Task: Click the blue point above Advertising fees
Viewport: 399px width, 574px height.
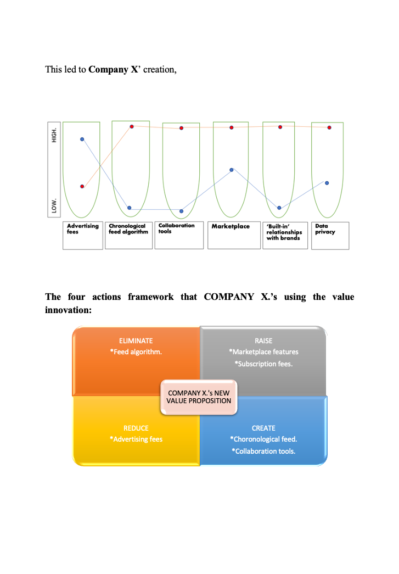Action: coord(82,139)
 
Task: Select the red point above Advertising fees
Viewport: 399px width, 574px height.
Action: coord(82,186)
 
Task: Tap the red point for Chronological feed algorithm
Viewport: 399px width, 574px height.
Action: coord(132,127)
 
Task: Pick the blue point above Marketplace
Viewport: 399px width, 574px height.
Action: coord(232,170)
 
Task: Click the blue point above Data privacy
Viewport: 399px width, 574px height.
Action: coord(327,183)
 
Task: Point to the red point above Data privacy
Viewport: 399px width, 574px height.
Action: coord(329,127)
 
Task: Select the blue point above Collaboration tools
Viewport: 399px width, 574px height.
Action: coord(182,211)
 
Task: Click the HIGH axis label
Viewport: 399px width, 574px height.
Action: coord(54,135)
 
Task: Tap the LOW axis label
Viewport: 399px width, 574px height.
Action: coord(54,206)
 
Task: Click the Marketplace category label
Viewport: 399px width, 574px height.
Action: coord(231,226)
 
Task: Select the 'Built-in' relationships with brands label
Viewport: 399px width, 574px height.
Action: coord(284,232)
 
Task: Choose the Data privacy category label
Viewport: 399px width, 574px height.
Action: coord(325,229)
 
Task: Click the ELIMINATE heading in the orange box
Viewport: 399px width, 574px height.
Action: coord(136,341)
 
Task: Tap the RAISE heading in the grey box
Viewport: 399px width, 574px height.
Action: coord(263,341)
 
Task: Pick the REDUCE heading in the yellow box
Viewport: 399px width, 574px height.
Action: coord(136,428)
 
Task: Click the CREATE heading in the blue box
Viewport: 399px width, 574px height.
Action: coord(263,428)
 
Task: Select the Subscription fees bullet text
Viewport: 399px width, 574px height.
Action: coord(263,364)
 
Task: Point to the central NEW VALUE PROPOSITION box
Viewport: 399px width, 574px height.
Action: coord(199,397)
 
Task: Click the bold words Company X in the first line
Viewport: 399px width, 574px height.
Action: coord(114,70)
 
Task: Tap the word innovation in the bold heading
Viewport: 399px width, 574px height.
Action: coord(68,310)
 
